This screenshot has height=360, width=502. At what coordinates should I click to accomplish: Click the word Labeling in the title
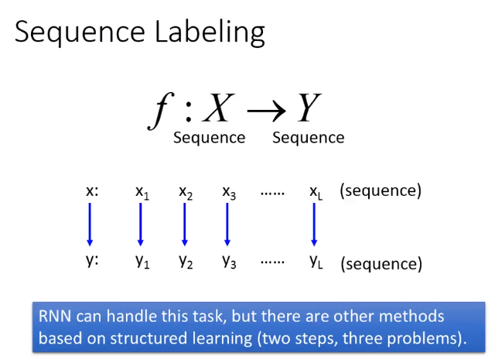coord(210,33)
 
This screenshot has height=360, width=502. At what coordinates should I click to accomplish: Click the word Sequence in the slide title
coord(80,33)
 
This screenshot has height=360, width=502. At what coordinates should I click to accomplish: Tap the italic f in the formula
coord(161,111)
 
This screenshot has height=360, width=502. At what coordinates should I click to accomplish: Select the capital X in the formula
coord(219,108)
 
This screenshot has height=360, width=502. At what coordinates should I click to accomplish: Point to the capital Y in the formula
coord(309,108)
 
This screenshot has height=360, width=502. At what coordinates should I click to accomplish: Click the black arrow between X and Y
coord(266,111)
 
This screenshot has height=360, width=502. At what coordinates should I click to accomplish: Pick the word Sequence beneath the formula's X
coord(210,138)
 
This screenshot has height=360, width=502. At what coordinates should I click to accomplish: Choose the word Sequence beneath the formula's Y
coord(309,138)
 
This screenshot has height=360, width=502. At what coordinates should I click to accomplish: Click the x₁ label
coord(142,193)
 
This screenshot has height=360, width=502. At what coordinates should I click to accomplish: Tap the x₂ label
coord(186,193)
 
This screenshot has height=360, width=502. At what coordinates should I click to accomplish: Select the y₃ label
coord(229,262)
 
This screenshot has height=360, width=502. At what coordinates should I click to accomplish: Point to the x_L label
coord(316,193)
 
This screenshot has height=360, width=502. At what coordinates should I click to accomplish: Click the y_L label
coord(316,262)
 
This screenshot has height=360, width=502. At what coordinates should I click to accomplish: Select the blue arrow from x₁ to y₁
coord(141,225)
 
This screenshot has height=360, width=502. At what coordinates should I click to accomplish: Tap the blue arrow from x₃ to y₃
coord(227,225)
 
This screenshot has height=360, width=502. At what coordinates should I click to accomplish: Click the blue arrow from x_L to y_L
coord(314,225)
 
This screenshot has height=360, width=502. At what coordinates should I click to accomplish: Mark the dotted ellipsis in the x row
coord(272,194)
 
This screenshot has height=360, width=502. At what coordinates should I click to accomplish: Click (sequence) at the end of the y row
coord(381,264)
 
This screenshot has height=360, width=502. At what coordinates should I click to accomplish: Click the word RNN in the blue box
coord(55,317)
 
